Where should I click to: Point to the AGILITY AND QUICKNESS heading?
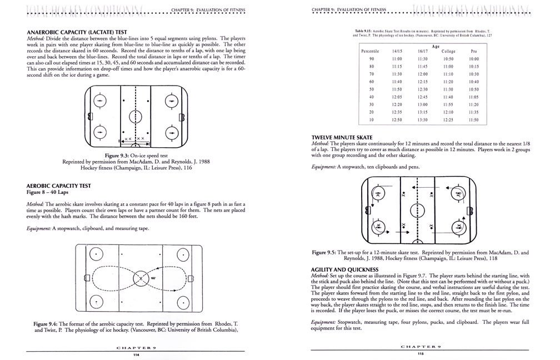point(347,269)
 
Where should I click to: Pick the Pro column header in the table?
point(473,51)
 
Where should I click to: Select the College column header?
point(449,51)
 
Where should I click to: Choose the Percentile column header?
point(370,51)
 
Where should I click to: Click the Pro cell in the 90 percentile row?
point(473,59)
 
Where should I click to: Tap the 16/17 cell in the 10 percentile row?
point(422,120)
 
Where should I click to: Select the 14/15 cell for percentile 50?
point(397,89)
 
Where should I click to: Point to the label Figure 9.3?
point(114,156)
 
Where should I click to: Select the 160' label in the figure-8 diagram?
point(153,276)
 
